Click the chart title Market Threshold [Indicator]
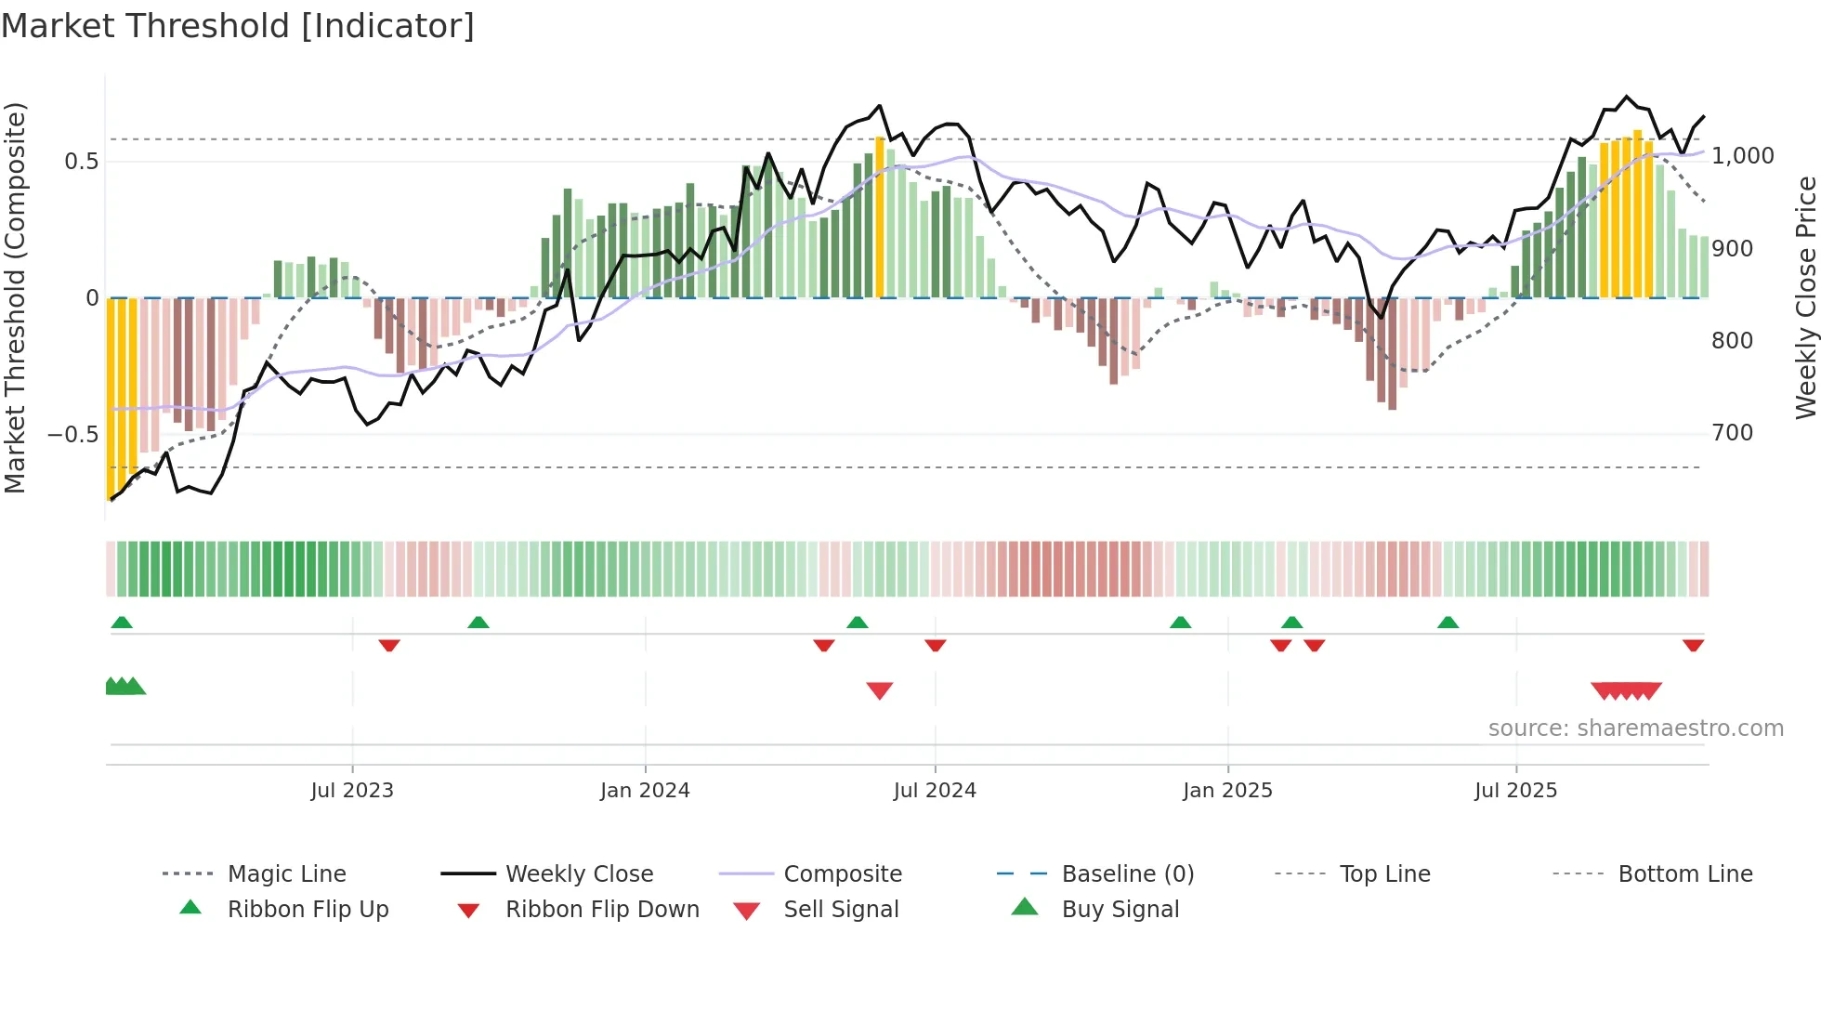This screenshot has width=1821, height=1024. coord(238,26)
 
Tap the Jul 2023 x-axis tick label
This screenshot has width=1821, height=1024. coord(352,791)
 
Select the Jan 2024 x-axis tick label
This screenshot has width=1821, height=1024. coord(645,791)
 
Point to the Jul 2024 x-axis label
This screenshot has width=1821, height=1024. coord(935,791)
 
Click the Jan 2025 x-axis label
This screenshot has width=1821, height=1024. coord(1227,791)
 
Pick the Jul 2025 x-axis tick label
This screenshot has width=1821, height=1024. coord(1515,791)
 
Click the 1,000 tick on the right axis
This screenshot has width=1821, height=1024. coord(1742,156)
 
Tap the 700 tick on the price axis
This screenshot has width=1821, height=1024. coord(1732,433)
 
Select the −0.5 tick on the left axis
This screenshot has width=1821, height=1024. coord(72,435)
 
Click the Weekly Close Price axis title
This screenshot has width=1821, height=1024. coord(1805,297)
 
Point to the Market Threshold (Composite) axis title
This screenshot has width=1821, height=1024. coord(15,297)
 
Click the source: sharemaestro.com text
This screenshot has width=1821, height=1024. coord(1635,729)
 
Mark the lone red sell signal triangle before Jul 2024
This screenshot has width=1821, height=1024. coord(879,689)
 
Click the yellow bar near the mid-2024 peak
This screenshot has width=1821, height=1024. coord(880,217)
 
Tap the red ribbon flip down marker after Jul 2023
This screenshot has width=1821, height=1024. coord(389,645)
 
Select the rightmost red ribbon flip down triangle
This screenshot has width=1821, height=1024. coord(1693,645)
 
